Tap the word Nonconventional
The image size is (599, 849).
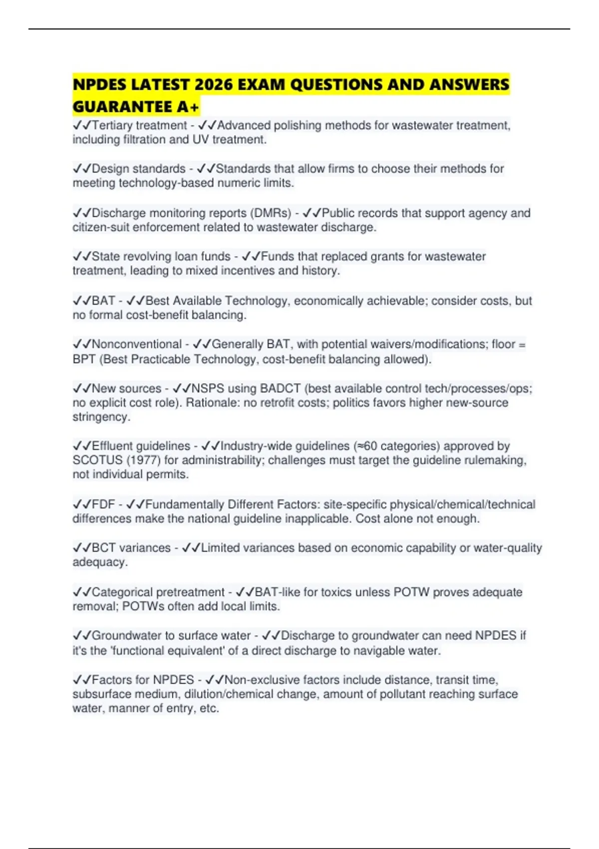click(x=136, y=345)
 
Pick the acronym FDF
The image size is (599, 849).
click(x=103, y=504)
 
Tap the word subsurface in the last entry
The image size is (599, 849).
click(x=99, y=694)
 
